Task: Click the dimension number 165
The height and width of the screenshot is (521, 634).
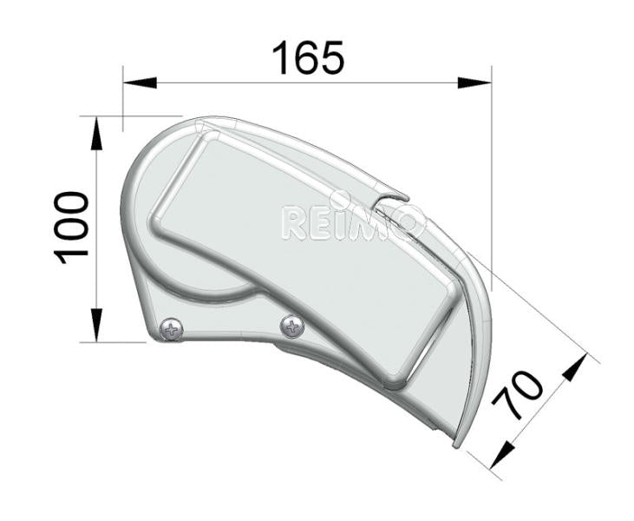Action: [x=308, y=58]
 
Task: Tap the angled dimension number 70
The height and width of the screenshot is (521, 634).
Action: [x=518, y=395]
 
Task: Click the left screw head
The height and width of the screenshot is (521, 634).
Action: [x=173, y=329]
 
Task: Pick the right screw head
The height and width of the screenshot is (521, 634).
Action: [x=292, y=326]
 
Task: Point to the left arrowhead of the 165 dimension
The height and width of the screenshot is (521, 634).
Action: [x=139, y=83]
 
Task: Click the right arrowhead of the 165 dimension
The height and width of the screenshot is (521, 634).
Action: [x=474, y=83]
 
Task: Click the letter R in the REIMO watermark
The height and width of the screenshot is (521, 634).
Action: [x=294, y=223]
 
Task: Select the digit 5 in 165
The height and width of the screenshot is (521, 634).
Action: [x=330, y=58]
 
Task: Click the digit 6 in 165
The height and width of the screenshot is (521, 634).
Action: [x=305, y=58]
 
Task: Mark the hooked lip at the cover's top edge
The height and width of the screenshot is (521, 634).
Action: [x=395, y=199]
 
